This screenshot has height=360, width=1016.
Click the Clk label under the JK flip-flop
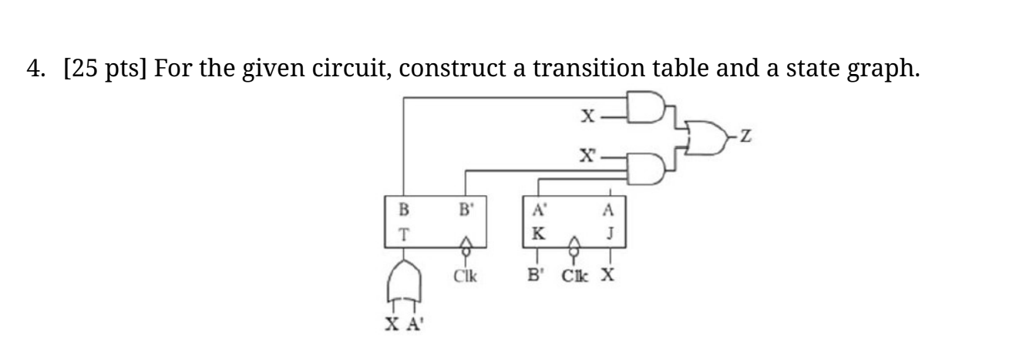pyautogui.click(x=574, y=275)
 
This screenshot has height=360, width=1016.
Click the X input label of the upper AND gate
pyautogui.click(x=588, y=116)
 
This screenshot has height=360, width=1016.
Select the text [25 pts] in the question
pyautogui.click(x=106, y=70)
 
